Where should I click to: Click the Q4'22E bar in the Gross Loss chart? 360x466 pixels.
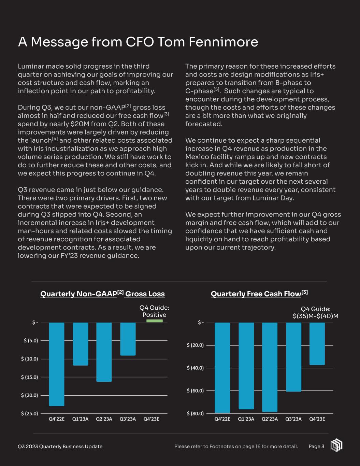click(x=57, y=364)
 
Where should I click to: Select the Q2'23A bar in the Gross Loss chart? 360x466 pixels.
click(x=104, y=352)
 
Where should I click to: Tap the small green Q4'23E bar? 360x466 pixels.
click(x=155, y=321)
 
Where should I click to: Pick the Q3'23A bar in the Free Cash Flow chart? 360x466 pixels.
click(x=293, y=357)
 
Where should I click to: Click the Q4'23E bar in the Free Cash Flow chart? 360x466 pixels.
click(x=317, y=343)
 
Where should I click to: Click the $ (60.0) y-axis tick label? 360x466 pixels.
click(x=195, y=391)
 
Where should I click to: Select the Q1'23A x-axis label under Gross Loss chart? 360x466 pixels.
click(x=81, y=419)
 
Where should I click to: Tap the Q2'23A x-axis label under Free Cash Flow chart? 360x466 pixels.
click(x=270, y=419)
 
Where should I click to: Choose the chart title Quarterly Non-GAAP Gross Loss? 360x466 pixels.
click(x=102, y=294)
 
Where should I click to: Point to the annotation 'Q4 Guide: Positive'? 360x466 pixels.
click(x=154, y=311)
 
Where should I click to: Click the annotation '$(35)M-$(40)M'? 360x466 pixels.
click(x=316, y=316)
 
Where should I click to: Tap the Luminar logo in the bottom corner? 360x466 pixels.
click(x=336, y=445)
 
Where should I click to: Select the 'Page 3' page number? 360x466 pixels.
click(x=316, y=447)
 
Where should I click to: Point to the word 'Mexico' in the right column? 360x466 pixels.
click(x=196, y=157)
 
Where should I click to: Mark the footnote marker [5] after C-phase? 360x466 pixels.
click(x=216, y=90)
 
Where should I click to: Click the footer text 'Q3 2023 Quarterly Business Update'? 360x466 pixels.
click(x=60, y=447)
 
